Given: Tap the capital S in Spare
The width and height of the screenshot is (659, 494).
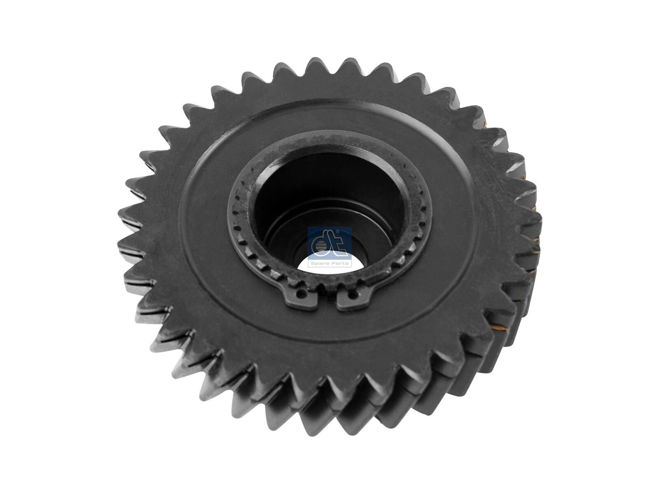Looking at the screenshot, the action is coord(313,263).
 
